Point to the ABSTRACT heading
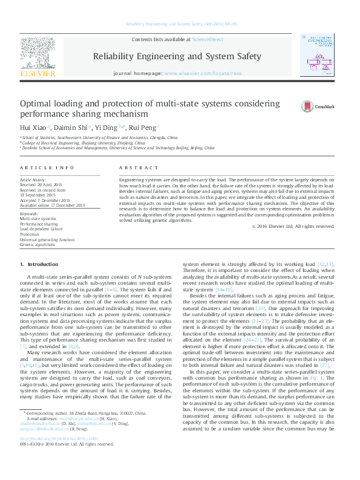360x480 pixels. click(x=133, y=167)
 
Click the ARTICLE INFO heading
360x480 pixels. click(x=47, y=167)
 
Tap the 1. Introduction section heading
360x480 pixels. click(x=39, y=265)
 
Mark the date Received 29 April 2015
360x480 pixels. click(x=44, y=185)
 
